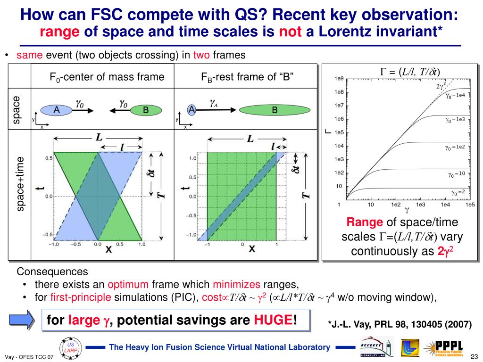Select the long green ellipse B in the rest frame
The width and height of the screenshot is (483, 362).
(x=274, y=110)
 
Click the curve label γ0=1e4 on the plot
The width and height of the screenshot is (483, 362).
(x=455, y=96)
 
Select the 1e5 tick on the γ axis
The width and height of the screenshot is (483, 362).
(x=469, y=205)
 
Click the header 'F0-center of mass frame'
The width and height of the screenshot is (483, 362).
(x=107, y=77)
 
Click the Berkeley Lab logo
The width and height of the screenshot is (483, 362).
(x=376, y=347)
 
